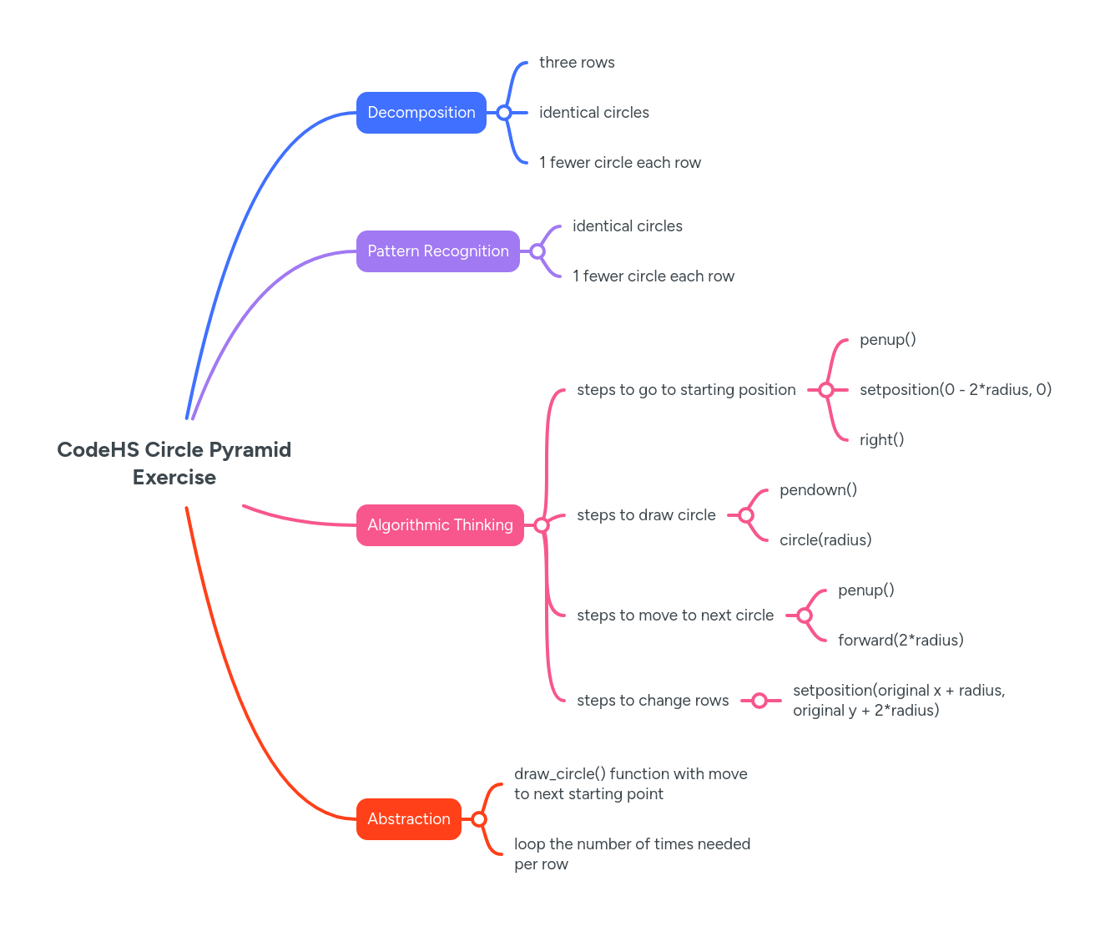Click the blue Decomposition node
click(421, 113)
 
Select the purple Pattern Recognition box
click(437, 251)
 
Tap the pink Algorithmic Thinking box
click(440, 525)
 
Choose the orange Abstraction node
click(408, 819)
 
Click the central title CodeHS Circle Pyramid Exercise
click(174, 463)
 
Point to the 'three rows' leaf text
click(577, 63)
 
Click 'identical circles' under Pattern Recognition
click(627, 226)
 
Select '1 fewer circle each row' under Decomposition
click(619, 163)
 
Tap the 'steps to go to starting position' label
click(686, 390)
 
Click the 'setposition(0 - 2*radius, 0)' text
click(955, 390)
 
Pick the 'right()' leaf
click(881, 440)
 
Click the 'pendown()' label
click(818, 490)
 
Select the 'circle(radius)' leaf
click(825, 540)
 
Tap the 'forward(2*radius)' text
click(901, 641)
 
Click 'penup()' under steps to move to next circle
click(865, 590)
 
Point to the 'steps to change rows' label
click(653, 701)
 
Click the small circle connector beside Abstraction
click(479, 819)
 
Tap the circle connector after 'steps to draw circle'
click(746, 515)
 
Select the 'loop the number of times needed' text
click(632, 844)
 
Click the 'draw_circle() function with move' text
click(630, 774)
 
